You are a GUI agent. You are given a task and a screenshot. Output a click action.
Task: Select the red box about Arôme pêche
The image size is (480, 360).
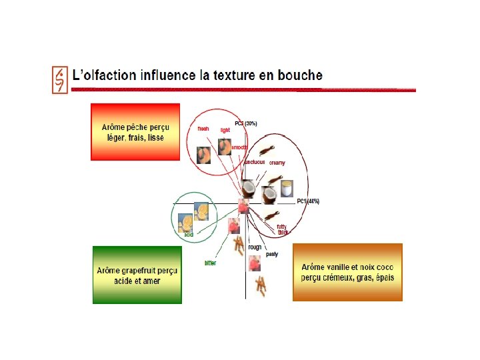[135, 131]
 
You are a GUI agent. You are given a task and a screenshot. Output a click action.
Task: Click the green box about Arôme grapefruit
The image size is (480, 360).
[137, 275]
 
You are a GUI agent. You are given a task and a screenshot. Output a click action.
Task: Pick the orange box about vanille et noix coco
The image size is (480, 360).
[347, 271]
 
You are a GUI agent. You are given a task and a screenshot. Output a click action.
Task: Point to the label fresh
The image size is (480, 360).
[203, 128]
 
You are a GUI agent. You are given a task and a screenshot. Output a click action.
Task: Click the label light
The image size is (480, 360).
[225, 130]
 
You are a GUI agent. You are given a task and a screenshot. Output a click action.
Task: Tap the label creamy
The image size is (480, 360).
[277, 163]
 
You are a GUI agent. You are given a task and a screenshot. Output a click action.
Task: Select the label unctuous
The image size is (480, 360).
[255, 162]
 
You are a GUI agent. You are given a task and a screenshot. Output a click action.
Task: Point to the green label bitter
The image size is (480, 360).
[210, 263]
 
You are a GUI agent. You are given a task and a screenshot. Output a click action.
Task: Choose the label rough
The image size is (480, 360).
[255, 247]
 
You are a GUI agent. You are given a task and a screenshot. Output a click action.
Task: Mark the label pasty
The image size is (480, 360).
[272, 254]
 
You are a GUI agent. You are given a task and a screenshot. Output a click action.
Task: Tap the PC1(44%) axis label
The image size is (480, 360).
[308, 201]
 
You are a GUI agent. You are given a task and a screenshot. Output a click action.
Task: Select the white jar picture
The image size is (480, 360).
[287, 188]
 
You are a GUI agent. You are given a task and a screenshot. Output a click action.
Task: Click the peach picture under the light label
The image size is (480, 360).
[225, 146]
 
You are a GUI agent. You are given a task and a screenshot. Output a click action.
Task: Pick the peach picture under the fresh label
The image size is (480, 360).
[203, 155]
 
